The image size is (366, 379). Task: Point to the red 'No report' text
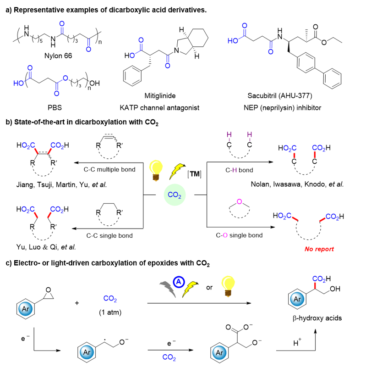coord(319,249)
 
